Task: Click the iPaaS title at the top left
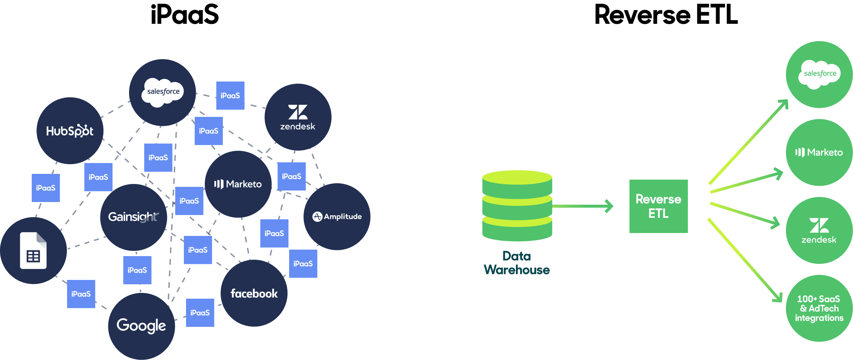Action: (x=185, y=15)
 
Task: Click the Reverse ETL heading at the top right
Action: (x=666, y=15)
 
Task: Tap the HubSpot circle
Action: (x=70, y=131)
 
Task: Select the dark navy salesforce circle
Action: (x=163, y=93)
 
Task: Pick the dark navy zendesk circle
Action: (x=298, y=117)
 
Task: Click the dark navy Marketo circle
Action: (x=238, y=184)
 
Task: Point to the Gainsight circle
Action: (x=133, y=217)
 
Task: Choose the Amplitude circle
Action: (x=337, y=216)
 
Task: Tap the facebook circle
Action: (x=254, y=293)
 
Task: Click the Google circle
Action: (x=141, y=326)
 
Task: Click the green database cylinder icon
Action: (x=517, y=206)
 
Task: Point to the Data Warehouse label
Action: (x=517, y=263)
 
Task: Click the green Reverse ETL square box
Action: (x=658, y=206)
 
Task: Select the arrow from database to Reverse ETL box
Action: (x=582, y=206)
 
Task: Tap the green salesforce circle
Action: (x=819, y=75)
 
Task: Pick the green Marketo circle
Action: (x=819, y=153)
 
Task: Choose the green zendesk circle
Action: (x=819, y=231)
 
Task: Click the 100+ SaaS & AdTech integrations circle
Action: (x=819, y=308)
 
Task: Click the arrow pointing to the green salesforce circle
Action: (x=748, y=141)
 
